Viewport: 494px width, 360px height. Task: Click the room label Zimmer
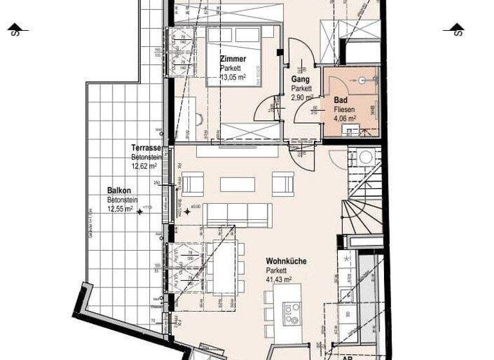click(233, 59)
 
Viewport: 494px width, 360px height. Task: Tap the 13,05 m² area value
click(233, 77)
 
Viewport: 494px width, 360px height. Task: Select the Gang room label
click(300, 80)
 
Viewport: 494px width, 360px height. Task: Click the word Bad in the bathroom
click(340, 101)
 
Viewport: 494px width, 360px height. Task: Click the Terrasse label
click(145, 147)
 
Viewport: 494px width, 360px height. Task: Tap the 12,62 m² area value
click(145, 166)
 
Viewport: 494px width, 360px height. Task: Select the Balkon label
click(119, 191)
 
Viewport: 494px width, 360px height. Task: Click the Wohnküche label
click(286, 262)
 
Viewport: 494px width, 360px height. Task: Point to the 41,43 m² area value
click(280, 280)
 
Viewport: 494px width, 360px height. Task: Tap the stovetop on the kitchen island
click(292, 312)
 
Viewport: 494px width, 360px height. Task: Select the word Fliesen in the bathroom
click(344, 109)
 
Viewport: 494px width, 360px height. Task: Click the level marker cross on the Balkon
click(139, 211)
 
